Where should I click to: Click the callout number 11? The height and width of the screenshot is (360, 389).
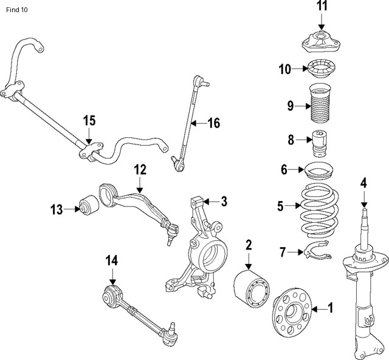click(x=322, y=7)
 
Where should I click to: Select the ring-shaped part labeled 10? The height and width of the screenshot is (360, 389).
click(x=321, y=69)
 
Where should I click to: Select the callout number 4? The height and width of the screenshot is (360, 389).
click(x=363, y=182)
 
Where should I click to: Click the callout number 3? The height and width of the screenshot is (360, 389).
click(x=224, y=201)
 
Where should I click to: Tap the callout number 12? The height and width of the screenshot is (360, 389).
click(x=140, y=171)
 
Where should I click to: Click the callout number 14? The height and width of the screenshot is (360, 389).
click(x=112, y=260)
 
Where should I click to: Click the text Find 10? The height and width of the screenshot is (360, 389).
click(x=17, y=10)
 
